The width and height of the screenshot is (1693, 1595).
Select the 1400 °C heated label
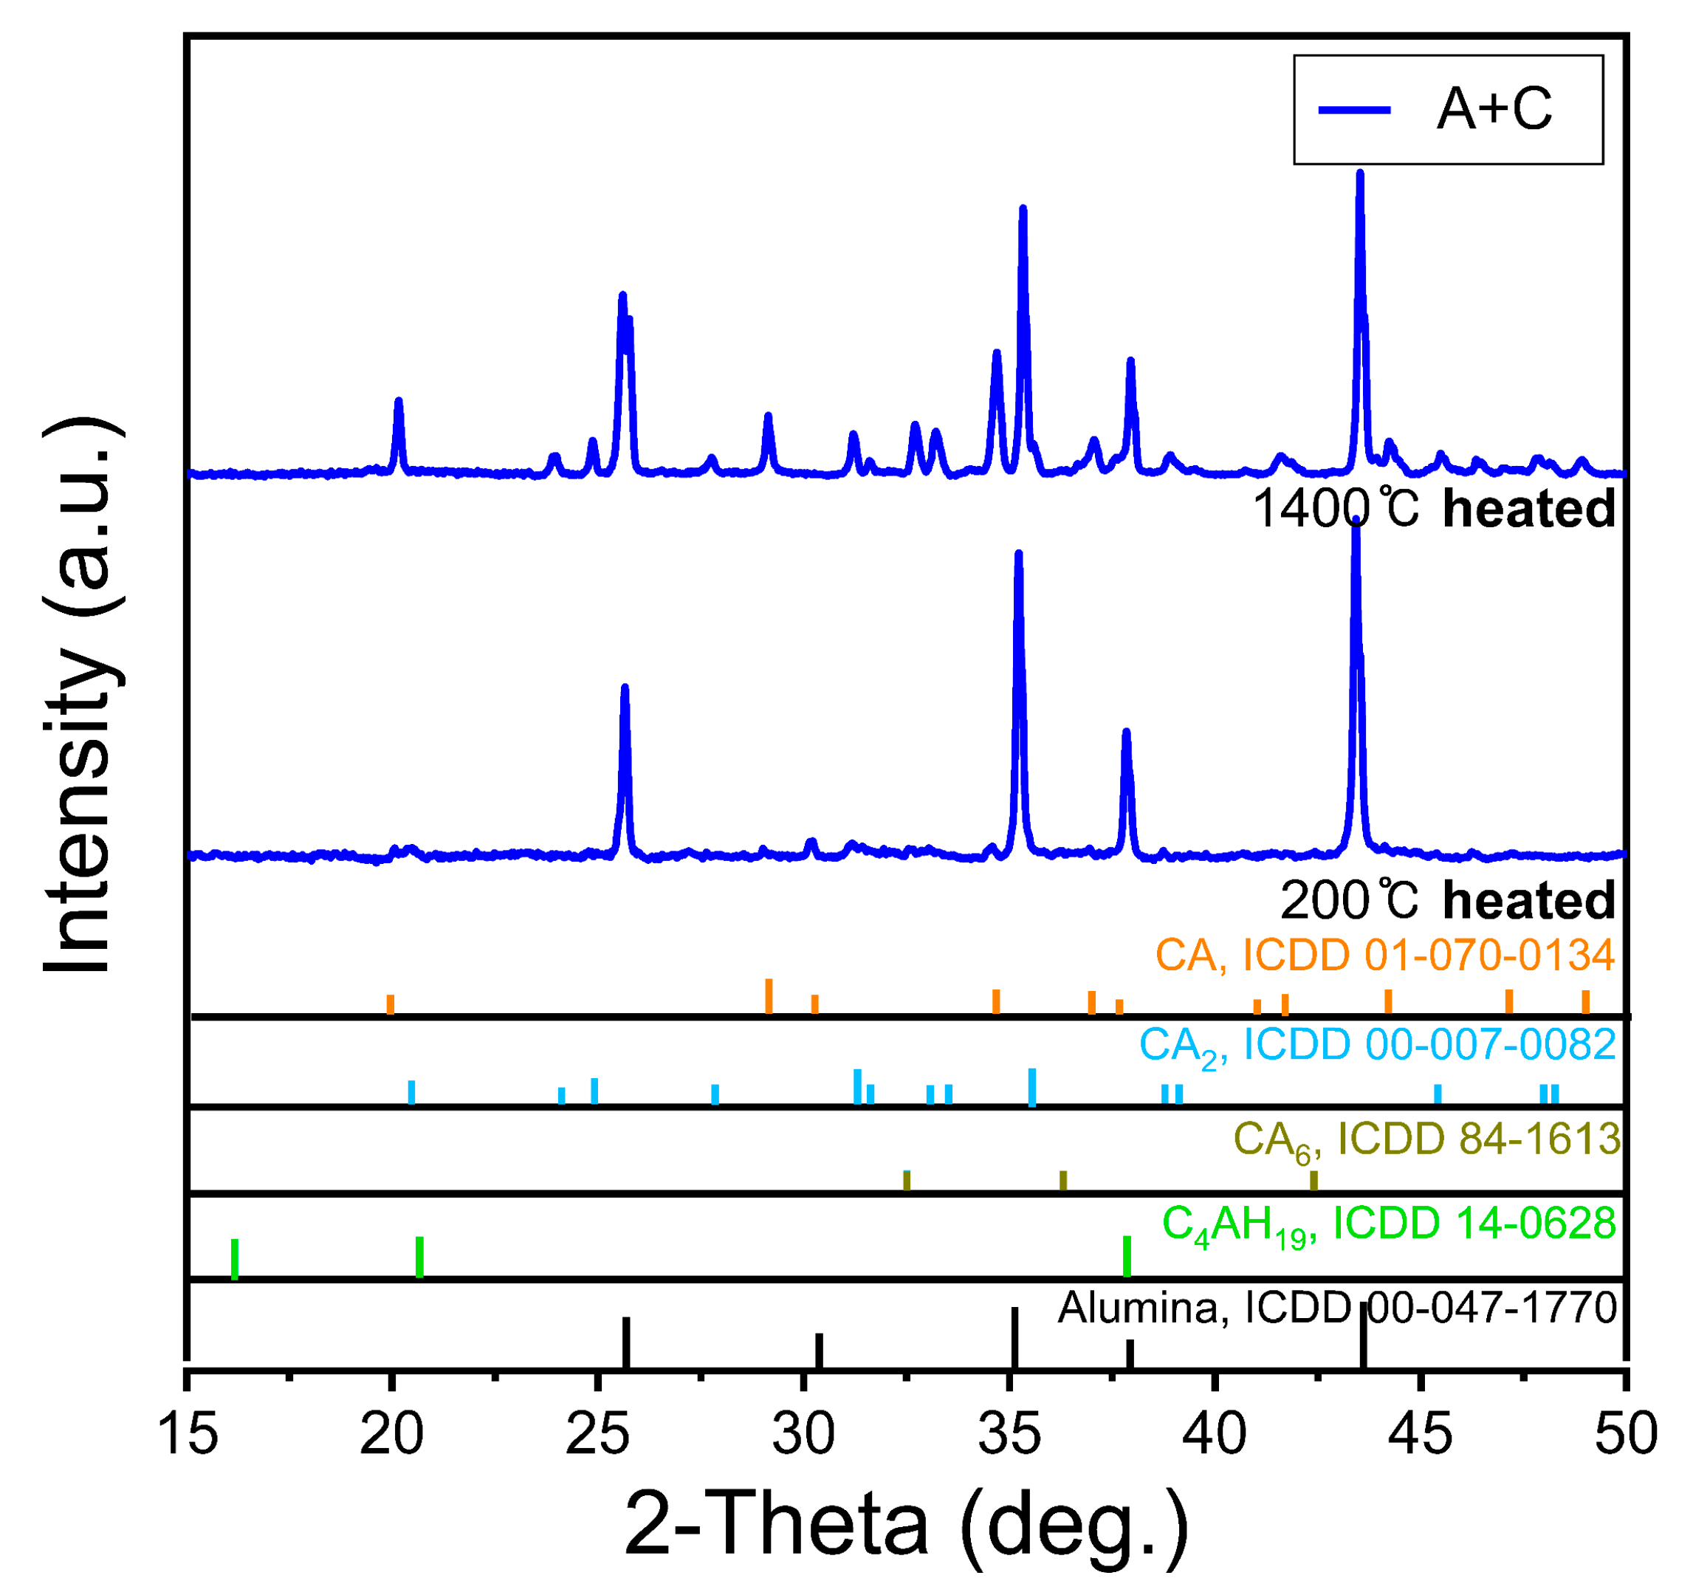point(1433,510)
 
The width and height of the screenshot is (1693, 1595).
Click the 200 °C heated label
point(1447,900)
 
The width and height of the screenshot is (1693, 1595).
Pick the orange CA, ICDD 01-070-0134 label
point(1384,956)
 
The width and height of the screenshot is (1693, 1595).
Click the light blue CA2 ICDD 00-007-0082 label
point(1377,1046)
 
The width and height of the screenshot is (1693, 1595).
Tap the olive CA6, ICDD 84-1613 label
point(1426,1139)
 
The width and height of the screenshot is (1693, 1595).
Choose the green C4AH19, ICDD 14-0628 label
point(1389,1224)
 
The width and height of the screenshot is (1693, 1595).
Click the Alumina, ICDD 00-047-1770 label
point(1336,1308)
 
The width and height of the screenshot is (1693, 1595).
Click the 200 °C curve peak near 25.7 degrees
point(625,688)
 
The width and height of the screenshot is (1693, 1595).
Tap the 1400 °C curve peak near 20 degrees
point(398,401)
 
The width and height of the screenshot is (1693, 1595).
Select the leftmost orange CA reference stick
point(391,1006)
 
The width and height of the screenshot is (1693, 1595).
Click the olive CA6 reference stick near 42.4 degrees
point(1313,1181)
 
